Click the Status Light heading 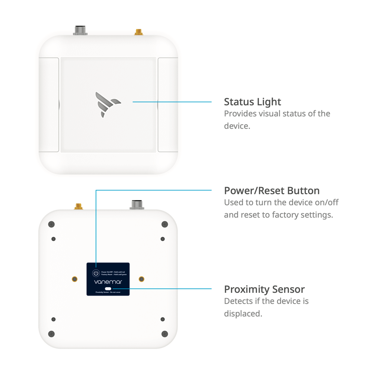tap(252, 102)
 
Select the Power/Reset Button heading tap(272, 191)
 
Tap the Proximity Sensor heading tap(264, 289)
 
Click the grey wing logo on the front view tap(107, 104)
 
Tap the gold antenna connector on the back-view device tap(79, 206)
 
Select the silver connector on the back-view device tap(137, 205)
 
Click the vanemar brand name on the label tap(108, 282)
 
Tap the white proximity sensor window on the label tap(108, 288)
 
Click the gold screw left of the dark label tap(75, 279)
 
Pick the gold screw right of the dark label tap(141, 279)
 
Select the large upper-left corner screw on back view tap(51, 224)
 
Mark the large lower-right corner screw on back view tap(164, 334)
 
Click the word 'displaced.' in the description tap(243, 314)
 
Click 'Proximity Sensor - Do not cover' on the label tap(108, 292)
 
